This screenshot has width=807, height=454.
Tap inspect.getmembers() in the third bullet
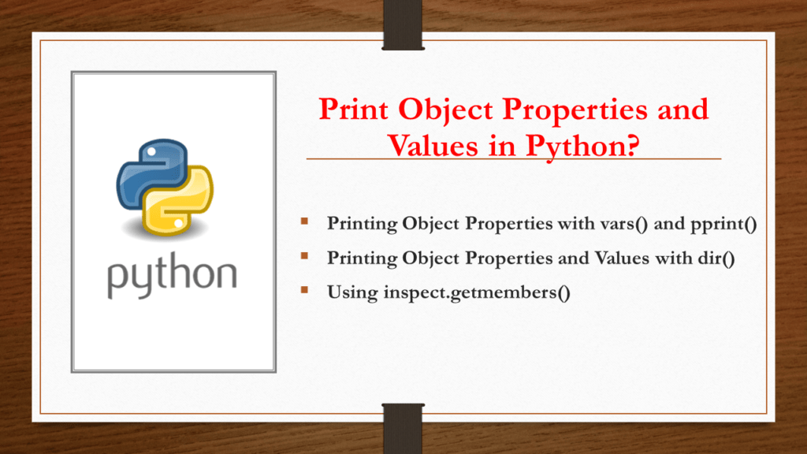[478, 292]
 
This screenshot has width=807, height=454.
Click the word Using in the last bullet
[352, 292]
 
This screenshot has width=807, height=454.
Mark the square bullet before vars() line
[303, 222]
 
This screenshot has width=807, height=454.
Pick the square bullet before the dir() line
[303, 256]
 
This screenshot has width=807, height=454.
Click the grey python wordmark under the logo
[172, 277]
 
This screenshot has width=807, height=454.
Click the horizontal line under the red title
[513, 159]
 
